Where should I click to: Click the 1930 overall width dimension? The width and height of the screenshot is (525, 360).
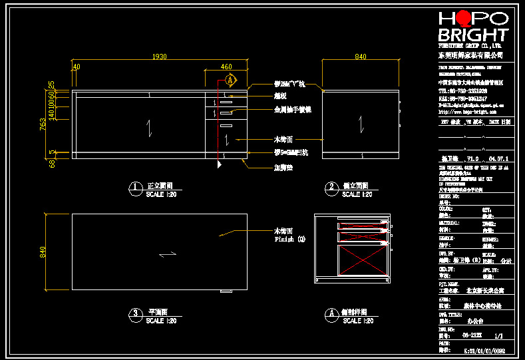160,57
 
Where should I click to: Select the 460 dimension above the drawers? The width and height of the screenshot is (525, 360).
226,67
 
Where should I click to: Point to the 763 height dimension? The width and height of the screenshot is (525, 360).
43,124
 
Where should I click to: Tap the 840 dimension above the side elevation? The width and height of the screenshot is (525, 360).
360,57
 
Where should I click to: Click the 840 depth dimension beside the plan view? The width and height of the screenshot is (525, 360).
43,252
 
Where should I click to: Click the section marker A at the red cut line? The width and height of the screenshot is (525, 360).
230,80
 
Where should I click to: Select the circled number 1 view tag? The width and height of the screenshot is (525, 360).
135,188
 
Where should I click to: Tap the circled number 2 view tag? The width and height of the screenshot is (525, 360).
331,188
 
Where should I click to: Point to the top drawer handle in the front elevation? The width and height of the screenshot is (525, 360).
226,102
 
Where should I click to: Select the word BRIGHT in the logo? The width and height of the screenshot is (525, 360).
473,35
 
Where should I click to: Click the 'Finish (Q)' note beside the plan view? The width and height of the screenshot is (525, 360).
289,239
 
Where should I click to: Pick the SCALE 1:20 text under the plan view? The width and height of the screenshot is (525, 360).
160,321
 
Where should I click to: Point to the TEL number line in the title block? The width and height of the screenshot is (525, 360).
462,90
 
